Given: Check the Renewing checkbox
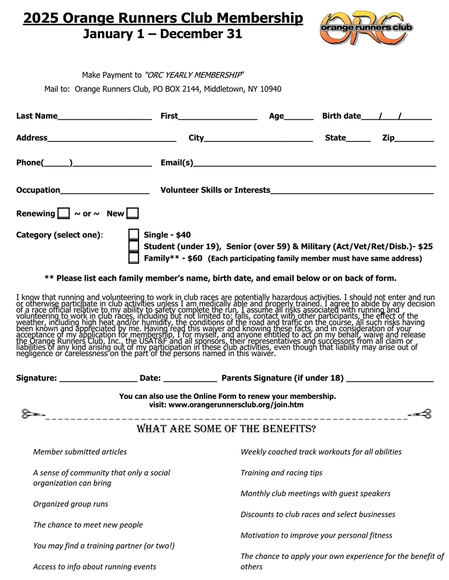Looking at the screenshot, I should (x=64, y=214).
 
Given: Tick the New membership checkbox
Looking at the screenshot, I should (x=133, y=214).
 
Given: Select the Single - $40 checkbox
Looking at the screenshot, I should (x=134, y=235).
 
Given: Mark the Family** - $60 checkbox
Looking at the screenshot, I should (x=134, y=257).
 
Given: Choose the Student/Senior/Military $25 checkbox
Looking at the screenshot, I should (x=134, y=246).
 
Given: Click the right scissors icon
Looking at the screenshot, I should (x=420, y=415).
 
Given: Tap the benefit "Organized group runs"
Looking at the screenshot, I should (x=71, y=504).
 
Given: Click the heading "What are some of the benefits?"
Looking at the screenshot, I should (x=226, y=430).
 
